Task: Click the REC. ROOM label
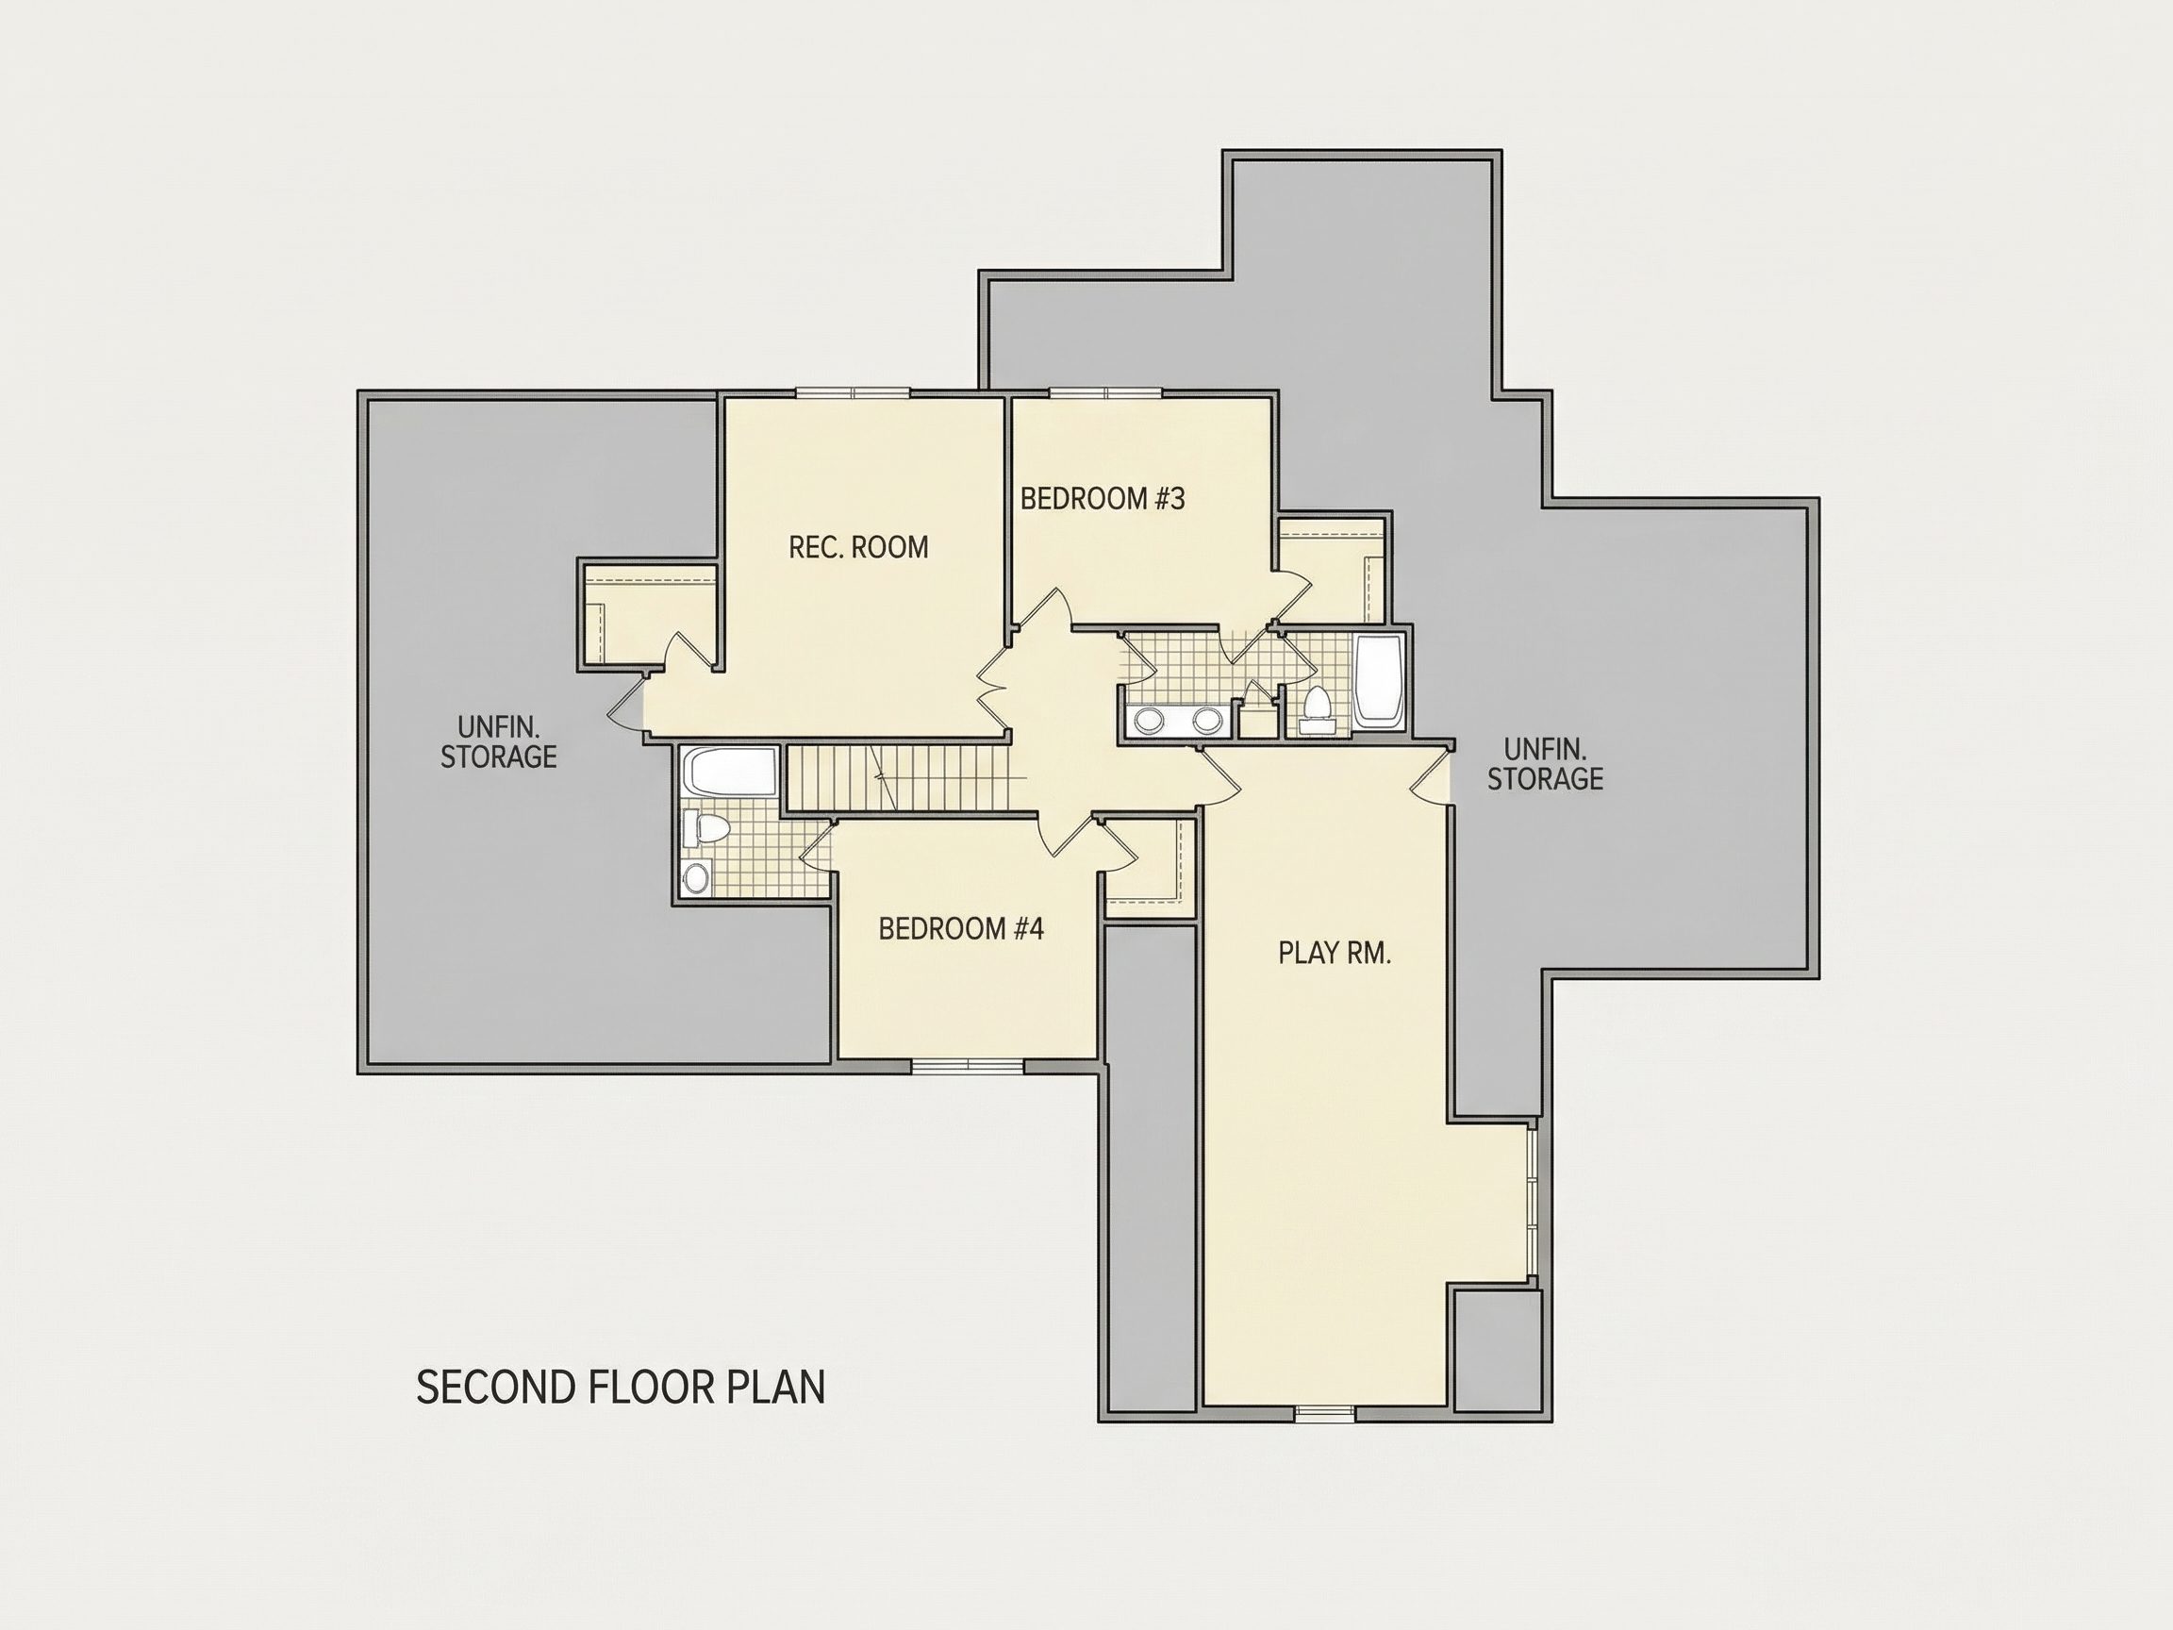(x=858, y=547)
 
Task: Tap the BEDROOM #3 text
(x=1103, y=499)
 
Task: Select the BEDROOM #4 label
(x=961, y=928)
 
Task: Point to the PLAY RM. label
(x=1334, y=953)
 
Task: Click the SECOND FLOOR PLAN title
(x=621, y=1388)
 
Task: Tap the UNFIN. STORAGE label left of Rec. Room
(x=498, y=741)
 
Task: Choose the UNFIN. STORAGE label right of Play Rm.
(x=1544, y=763)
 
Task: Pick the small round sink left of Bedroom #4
(x=696, y=877)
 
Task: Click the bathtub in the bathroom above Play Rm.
(x=1378, y=681)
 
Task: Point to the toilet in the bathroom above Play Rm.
(x=1317, y=709)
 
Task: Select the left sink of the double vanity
(x=1149, y=720)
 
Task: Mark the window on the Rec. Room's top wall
(x=853, y=392)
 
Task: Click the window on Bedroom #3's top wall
(x=1106, y=392)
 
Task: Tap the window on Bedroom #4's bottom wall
(x=968, y=1064)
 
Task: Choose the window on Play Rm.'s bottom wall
(x=1324, y=1413)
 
